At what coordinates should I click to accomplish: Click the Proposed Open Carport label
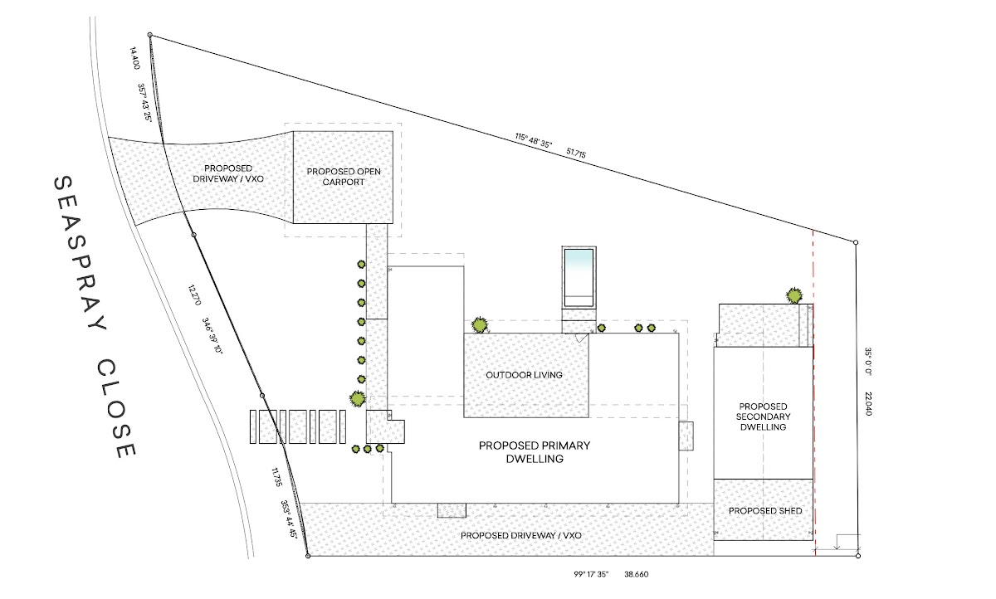343,177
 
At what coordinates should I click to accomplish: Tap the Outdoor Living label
524,375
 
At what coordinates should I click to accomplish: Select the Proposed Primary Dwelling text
534,452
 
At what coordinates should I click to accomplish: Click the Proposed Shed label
765,510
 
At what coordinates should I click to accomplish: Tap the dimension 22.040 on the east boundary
867,403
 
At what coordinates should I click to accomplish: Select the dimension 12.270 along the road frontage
194,295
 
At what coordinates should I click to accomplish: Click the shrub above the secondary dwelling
794,295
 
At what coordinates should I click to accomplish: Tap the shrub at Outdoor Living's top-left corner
479,324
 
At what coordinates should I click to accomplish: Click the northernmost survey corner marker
150,35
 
